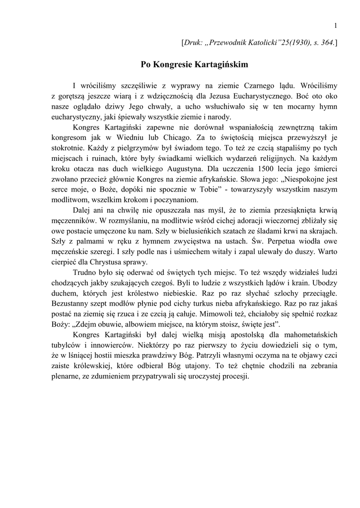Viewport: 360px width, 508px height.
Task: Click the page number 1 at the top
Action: tap(336, 26)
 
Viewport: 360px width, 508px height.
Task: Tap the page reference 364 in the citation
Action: tap(327, 44)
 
